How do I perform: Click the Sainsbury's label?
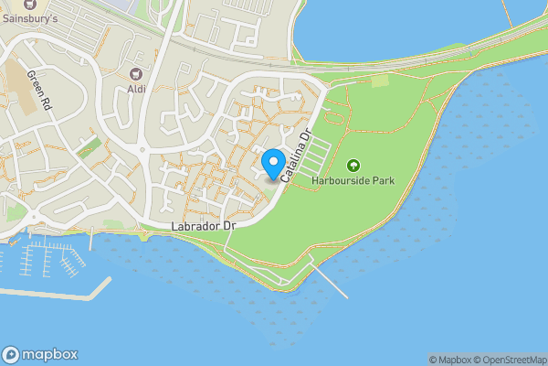[30, 16]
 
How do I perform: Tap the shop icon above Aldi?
[137, 73]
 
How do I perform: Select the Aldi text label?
[137, 88]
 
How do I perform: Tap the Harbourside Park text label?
[353, 181]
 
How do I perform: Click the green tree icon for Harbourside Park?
[353, 166]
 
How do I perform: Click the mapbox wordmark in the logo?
[50, 355]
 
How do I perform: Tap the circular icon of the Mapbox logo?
[11, 355]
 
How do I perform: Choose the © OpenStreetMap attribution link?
[512, 360]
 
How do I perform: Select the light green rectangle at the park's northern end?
[380, 81]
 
